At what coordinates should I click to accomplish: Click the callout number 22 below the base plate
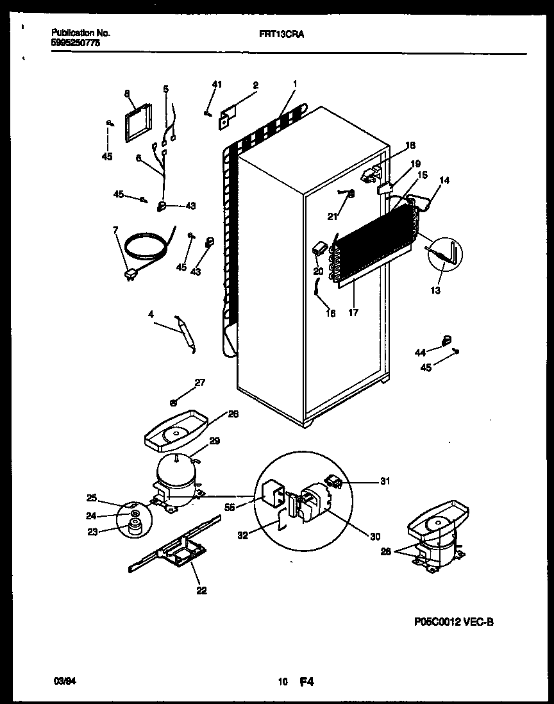(x=201, y=591)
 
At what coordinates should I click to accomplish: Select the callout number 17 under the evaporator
(x=353, y=313)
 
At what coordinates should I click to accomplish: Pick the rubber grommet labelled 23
(x=133, y=527)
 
